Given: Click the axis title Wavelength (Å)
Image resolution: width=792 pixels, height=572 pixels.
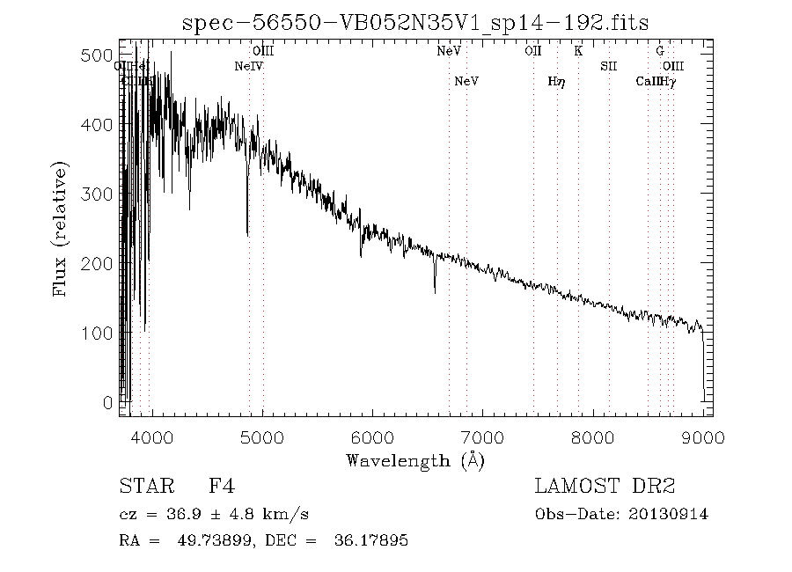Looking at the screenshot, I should tap(415, 459).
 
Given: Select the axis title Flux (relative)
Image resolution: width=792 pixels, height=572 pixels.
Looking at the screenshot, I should tap(61, 229).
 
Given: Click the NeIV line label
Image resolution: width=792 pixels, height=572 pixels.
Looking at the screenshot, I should tap(249, 66).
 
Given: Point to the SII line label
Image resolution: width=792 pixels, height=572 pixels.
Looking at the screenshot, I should tap(609, 66).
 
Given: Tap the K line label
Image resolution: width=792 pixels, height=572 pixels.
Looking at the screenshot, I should tap(578, 51).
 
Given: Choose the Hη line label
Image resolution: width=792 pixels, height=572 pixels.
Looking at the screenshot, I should tap(555, 82).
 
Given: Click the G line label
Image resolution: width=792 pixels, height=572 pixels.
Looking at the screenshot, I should tap(659, 51).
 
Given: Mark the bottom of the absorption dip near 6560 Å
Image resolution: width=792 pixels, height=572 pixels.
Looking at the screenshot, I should tap(435, 291).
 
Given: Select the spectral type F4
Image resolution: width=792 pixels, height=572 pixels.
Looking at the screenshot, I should tap(221, 486).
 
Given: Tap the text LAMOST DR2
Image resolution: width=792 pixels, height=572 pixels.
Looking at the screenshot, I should tap(605, 486).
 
